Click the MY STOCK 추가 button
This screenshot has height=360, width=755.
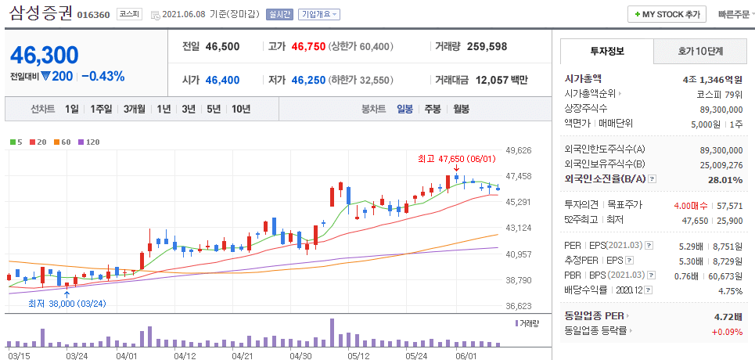coord(667,14)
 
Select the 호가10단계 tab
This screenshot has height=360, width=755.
coord(700,52)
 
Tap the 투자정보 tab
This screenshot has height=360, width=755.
coord(606,52)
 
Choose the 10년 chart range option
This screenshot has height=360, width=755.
coord(240,109)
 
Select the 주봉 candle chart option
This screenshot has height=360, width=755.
coord(432,109)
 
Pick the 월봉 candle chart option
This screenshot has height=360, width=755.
coord(461,109)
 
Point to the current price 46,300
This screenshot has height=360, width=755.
coord(45,56)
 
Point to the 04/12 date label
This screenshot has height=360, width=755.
coord(185,355)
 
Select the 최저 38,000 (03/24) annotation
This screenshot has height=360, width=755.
coord(67,303)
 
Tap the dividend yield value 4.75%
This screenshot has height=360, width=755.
coord(730,291)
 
